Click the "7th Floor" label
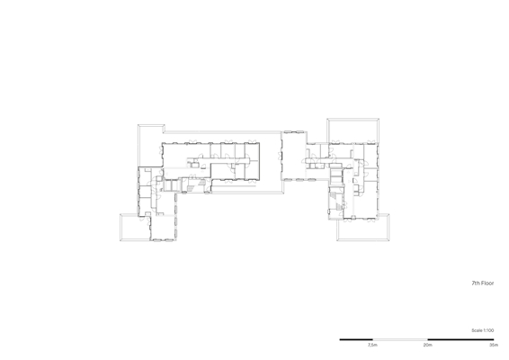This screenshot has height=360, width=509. tap(482, 283)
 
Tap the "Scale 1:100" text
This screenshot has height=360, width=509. tap(482, 330)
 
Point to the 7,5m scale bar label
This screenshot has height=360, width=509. tap(372, 345)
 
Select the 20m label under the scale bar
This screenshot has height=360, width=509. tap(427, 345)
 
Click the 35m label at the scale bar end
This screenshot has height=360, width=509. tap(494, 345)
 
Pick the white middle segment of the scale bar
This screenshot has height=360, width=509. tap(400, 339)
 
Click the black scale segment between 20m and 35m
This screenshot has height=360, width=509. tap(460, 339)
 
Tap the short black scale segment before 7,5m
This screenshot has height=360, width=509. tap(356, 339)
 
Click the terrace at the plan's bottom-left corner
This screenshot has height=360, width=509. tap(135, 227)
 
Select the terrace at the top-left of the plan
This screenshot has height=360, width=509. tap(149, 129)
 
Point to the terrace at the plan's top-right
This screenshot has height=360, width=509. tap(353, 130)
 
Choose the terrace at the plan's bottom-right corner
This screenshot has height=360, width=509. tap(363, 230)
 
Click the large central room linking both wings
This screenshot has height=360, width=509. tap(293, 156)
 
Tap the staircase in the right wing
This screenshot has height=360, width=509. tap(335, 201)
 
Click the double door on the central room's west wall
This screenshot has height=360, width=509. tap(280, 156)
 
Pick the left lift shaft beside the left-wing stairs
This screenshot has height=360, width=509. tap(168, 184)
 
